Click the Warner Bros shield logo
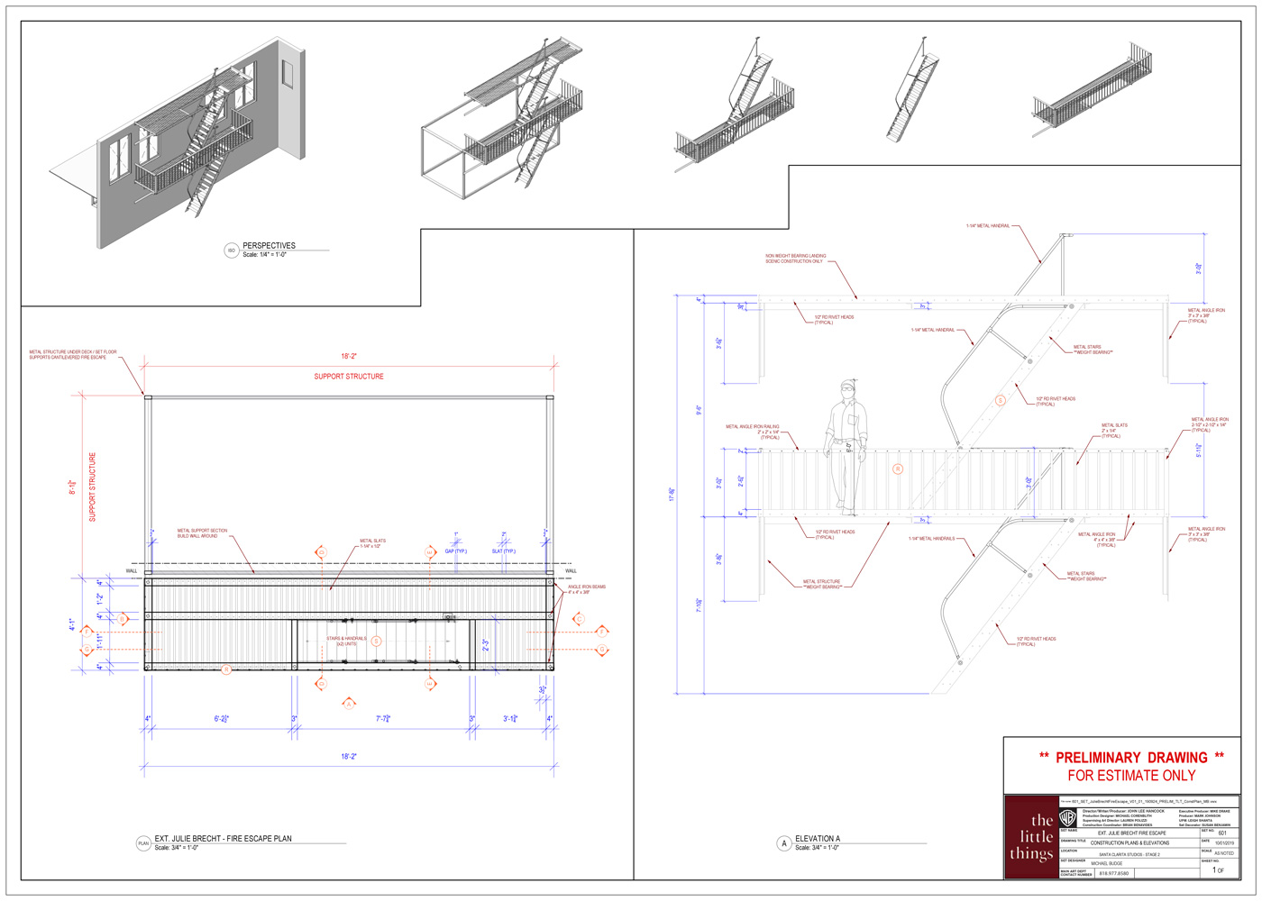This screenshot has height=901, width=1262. [1067, 818]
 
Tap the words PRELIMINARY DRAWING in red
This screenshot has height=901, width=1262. [1131, 758]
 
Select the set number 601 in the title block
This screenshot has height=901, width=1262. [1222, 833]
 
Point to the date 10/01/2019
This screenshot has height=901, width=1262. [1224, 843]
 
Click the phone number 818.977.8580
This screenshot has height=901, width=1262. [1113, 873]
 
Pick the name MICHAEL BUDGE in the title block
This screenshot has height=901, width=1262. [1107, 863]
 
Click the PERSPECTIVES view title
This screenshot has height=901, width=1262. [269, 245]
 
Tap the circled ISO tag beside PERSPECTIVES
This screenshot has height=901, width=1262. [231, 250]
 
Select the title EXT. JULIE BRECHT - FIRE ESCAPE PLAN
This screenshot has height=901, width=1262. [223, 839]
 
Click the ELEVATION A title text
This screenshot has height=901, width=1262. [818, 839]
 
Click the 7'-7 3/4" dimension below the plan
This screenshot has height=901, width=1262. [383, 719]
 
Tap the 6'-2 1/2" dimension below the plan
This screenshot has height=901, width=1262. [222, 719]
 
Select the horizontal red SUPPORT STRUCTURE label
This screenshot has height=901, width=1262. [349, 377]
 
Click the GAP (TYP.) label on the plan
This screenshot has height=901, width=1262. [455, 551]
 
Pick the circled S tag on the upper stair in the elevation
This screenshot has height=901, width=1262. [1000, 400]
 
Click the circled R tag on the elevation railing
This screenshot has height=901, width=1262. [897, 469]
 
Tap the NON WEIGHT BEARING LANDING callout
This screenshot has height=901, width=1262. [795, 259]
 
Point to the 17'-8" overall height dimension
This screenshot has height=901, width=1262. [672, 495]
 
